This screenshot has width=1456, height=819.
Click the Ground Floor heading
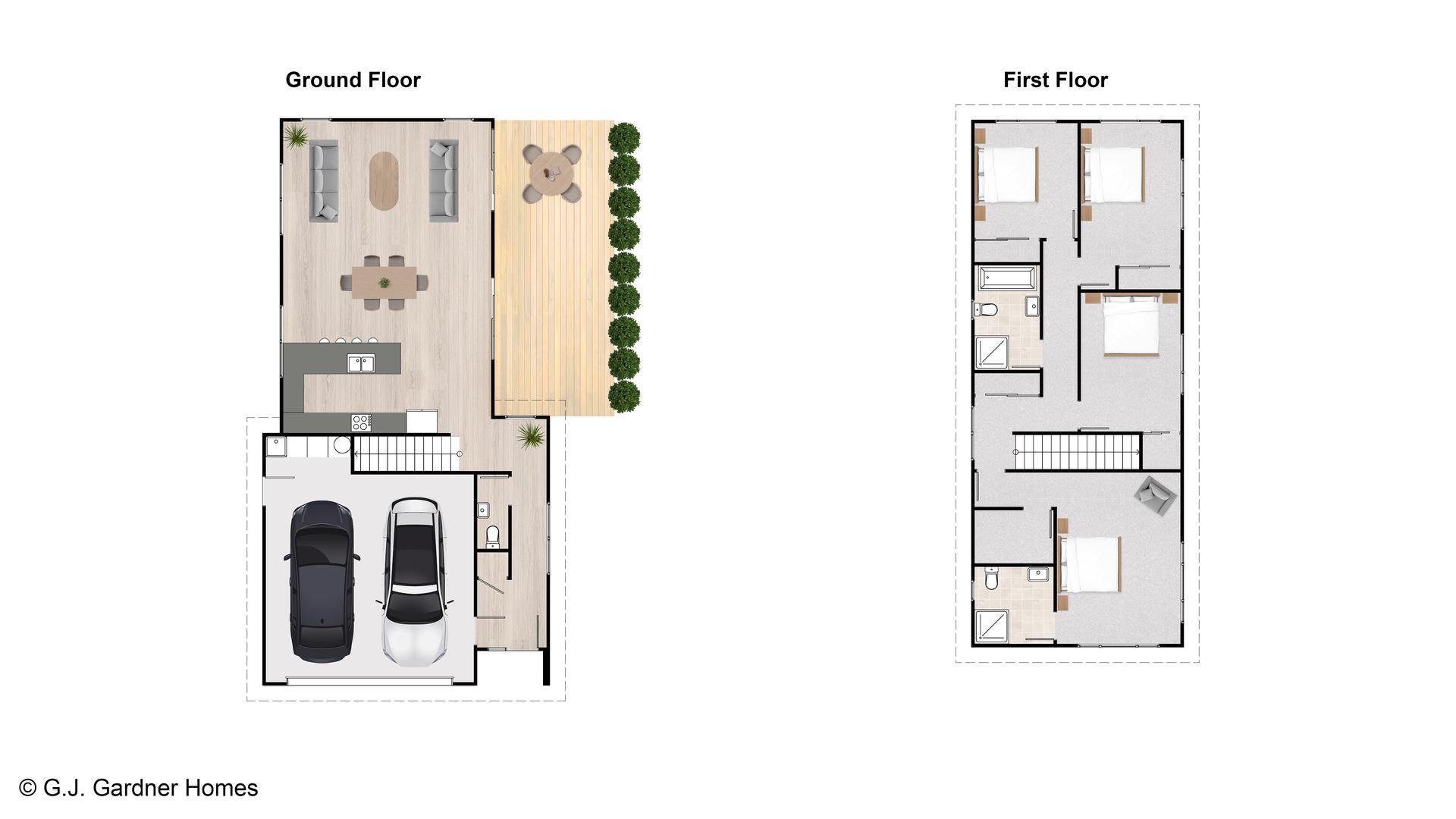point(353,80)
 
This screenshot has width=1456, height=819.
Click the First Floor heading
point(1055,80)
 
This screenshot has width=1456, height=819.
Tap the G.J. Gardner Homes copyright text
point(139,788)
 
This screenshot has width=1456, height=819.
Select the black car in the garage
point(322,582)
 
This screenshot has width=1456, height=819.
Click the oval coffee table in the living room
point(384,181)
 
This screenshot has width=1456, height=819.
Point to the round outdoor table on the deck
point(551,174)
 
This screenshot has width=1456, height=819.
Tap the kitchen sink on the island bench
point(361,363)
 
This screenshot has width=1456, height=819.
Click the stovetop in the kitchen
point(361,422)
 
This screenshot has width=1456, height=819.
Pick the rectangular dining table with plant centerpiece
point(384,282)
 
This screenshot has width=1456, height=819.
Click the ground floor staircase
point(406,453)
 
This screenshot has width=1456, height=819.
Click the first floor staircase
point(1077,452)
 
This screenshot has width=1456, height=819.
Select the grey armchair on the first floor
point(1155,496)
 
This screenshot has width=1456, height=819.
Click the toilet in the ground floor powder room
point(492,536)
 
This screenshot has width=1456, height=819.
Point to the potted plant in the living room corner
point(296,136)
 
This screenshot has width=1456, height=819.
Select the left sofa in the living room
point(324,181)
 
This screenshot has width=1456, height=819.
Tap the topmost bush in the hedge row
point(624,138)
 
